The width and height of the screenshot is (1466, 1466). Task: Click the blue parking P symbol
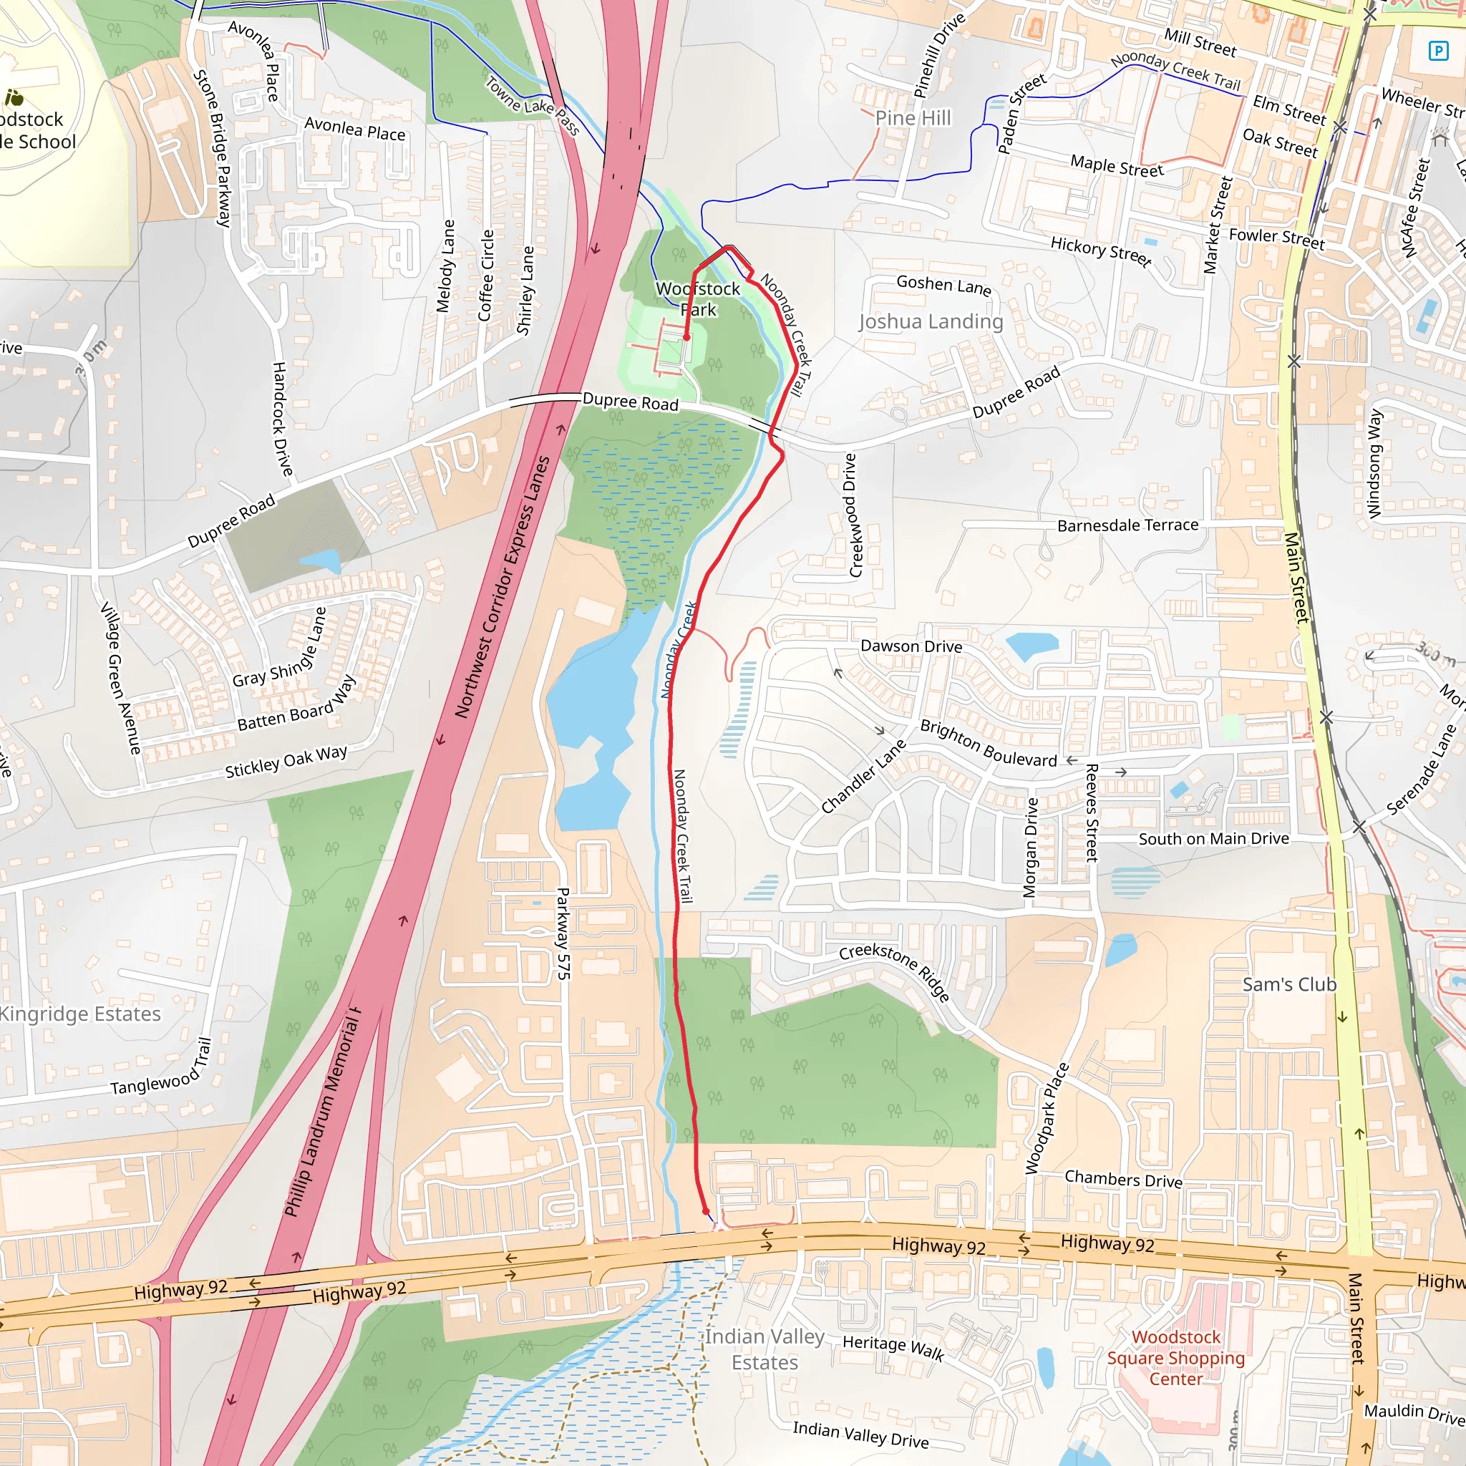[x=1438, y=51]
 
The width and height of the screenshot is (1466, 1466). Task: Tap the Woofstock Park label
[x=698, y=299]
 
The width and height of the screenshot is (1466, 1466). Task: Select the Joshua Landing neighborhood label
[x=931, y=321]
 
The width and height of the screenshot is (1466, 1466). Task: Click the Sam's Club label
[x=1289, y=984]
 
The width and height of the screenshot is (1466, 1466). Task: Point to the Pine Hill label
[x=913, y=117]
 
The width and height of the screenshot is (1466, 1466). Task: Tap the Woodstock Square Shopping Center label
[x=1175, y=1357]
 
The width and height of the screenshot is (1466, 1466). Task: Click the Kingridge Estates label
[x=79, y=1014]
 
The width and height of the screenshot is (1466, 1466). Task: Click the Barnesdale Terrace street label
[x=1127, y=525]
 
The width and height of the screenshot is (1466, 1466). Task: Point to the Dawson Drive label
[x=911, y=646]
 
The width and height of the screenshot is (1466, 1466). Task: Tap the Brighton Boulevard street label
[x=988, y=743]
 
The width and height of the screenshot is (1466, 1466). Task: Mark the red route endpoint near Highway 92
[x=706, y=1211]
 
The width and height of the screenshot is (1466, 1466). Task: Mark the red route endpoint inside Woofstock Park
[x=686, y=338]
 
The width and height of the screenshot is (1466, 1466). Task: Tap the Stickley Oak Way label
[x=286, y=761]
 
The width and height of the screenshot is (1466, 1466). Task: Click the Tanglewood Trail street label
[x=161, y=1069]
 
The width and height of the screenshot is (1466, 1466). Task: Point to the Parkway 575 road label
[x=563, y=933]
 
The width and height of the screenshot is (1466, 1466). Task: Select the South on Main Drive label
[x=1213, y=838]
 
